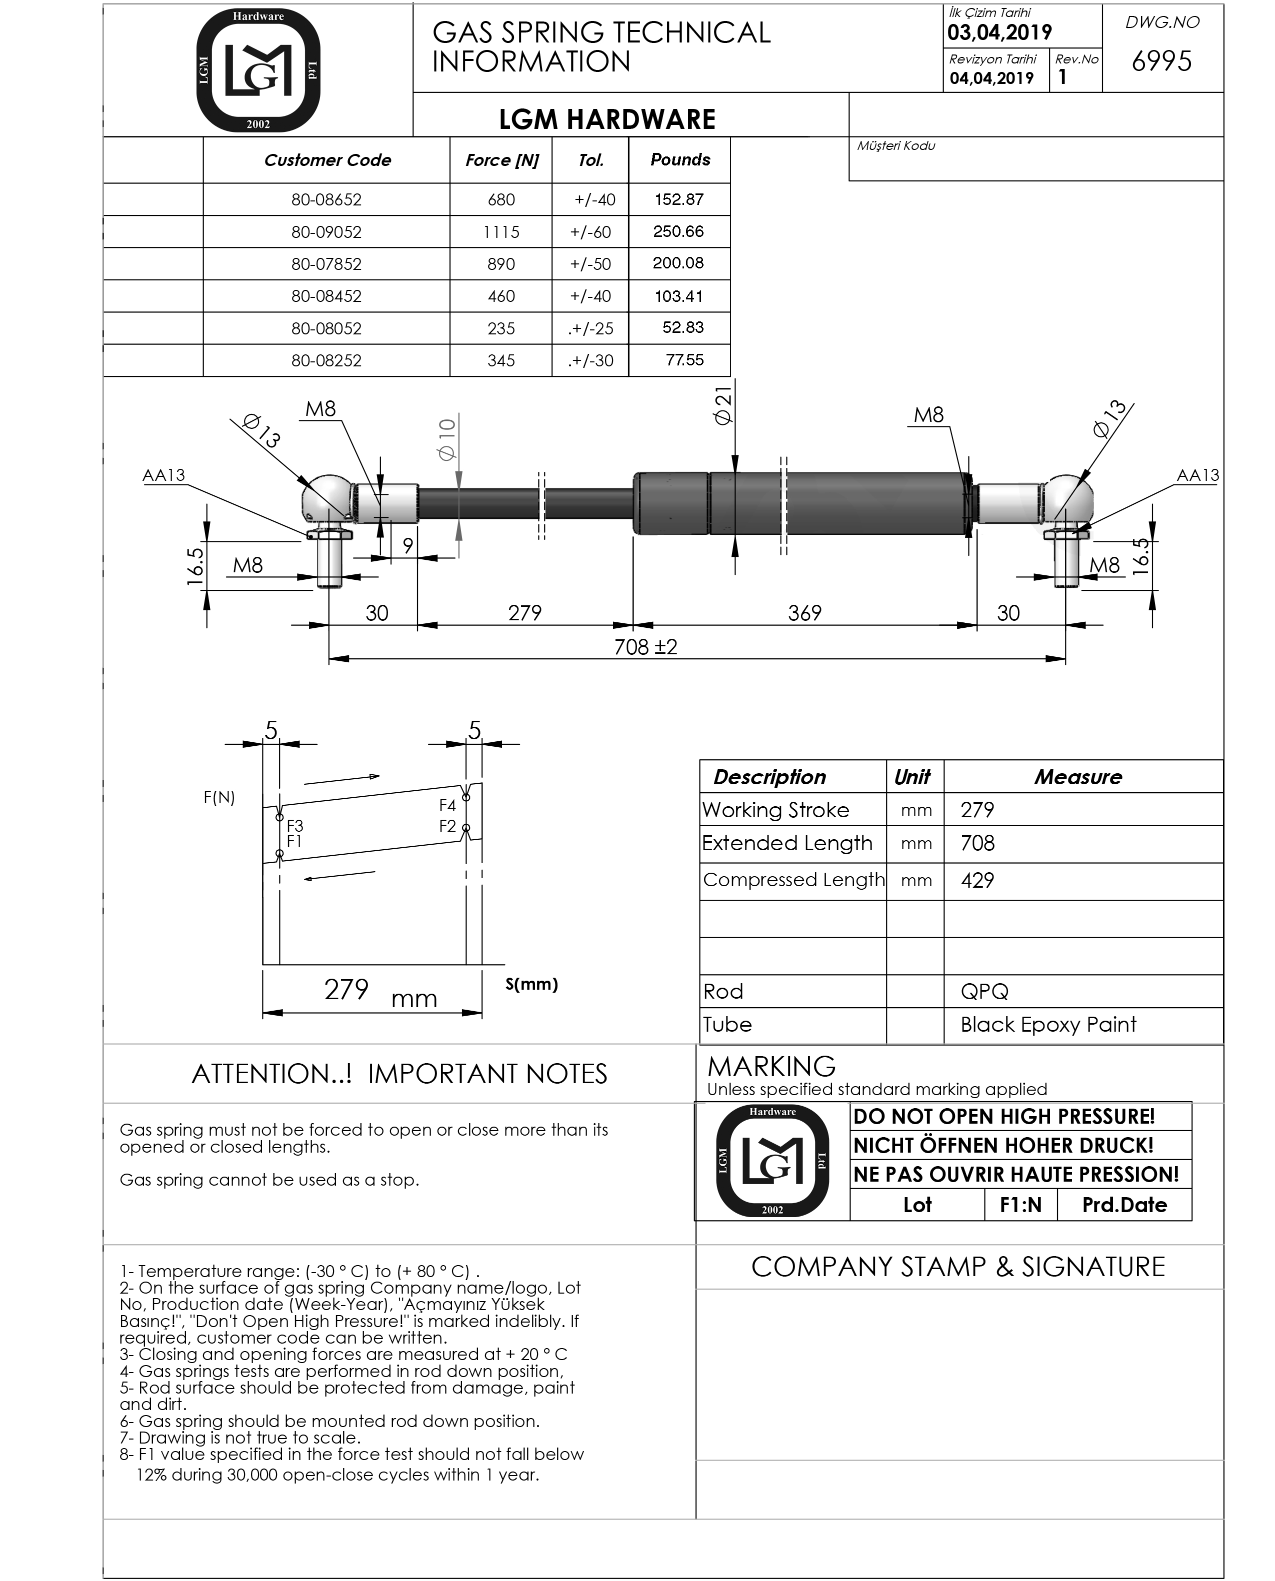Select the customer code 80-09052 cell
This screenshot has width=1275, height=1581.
click(x=326, y=232)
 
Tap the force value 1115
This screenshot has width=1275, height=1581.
click(x=501, y=232)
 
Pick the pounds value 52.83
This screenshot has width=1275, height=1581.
click(x=683, y=327)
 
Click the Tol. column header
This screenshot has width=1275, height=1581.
click(x=591, y=160)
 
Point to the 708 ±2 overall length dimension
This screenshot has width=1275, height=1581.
click(x=645, y=647)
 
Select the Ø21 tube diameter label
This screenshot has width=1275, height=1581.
click(x=723, y=406)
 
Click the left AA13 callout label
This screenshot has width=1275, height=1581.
click(x=164, y=475)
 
